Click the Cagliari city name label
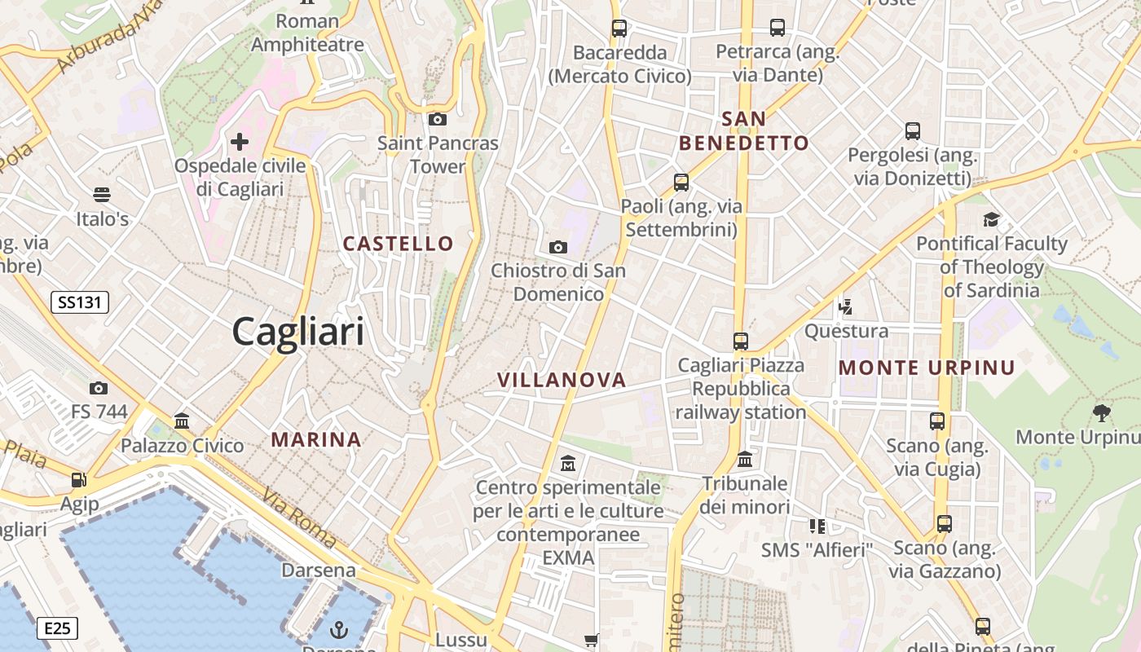click(x=298, y=332)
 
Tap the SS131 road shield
click(x=80, y=302)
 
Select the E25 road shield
click(x=58, y=628)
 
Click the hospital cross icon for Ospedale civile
click(x=239, y=142)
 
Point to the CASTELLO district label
click(x=398, y=243)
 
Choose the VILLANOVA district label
click(x=562, y=379)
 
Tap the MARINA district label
click(x=316, y=439)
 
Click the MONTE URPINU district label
click(x=927, y=368)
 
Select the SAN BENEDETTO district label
click(x=744, y=131)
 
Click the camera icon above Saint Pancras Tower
click(x=438, y=120)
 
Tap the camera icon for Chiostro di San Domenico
click(x=558, y=247)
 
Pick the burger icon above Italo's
click(x=102, y=195)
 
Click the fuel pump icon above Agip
click(x=79, y=480)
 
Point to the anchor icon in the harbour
click(x=337, y=629)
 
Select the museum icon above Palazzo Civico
click(x=182, y=421)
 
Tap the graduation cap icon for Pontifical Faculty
click(x=991, y=219)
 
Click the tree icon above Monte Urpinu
click(x=1102, y=413)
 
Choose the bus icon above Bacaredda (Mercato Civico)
click(x=619, y=28)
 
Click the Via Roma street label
click(x=299, y=518)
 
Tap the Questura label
click(x=846, y=331)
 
